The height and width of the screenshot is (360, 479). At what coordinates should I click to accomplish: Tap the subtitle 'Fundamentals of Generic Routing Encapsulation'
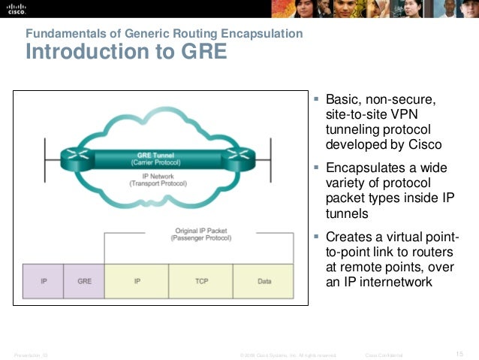coord(164,34)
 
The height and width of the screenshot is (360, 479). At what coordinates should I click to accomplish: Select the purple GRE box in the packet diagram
coord(84,281)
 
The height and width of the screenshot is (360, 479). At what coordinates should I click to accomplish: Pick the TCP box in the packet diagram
coord(201,281)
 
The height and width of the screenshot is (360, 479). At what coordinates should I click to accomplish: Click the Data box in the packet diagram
coord(264,281)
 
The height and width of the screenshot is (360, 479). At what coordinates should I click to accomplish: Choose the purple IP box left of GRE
coord(44,281)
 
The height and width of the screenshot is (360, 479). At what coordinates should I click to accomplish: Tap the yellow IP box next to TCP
coord(137,281)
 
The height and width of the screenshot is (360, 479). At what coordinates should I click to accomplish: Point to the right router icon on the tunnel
coord(239,156)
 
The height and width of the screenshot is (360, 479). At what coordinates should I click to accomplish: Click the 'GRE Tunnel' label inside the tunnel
coord(155,156)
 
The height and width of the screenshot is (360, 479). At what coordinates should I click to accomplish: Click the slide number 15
coord(460,354)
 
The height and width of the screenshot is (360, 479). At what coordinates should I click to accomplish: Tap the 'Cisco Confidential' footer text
coord(384,355)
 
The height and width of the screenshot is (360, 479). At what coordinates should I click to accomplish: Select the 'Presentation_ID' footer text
coord(31,355)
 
